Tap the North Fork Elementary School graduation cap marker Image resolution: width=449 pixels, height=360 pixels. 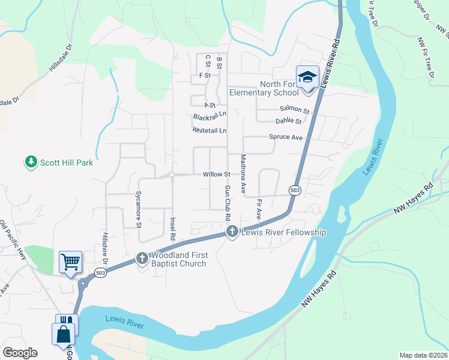tap(307, 78)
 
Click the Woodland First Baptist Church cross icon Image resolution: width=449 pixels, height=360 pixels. tap(142, 259)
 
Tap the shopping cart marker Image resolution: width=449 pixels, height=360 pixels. tap(70, 262)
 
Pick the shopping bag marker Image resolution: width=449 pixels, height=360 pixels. tap(64, 334)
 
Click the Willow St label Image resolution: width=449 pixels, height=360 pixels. tap(217, 175)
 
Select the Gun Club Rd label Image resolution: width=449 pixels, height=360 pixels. tap(228, 201)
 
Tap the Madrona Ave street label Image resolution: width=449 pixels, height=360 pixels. tap(243, 174)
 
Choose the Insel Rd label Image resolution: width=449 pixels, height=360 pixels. tap(173, 228)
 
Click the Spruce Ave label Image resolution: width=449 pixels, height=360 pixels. tap(285, 137)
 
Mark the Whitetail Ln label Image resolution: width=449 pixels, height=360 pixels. tap(209, 130)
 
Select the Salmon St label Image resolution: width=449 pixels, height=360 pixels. tap(294, 110)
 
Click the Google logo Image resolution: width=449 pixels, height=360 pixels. tap(20, 353)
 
